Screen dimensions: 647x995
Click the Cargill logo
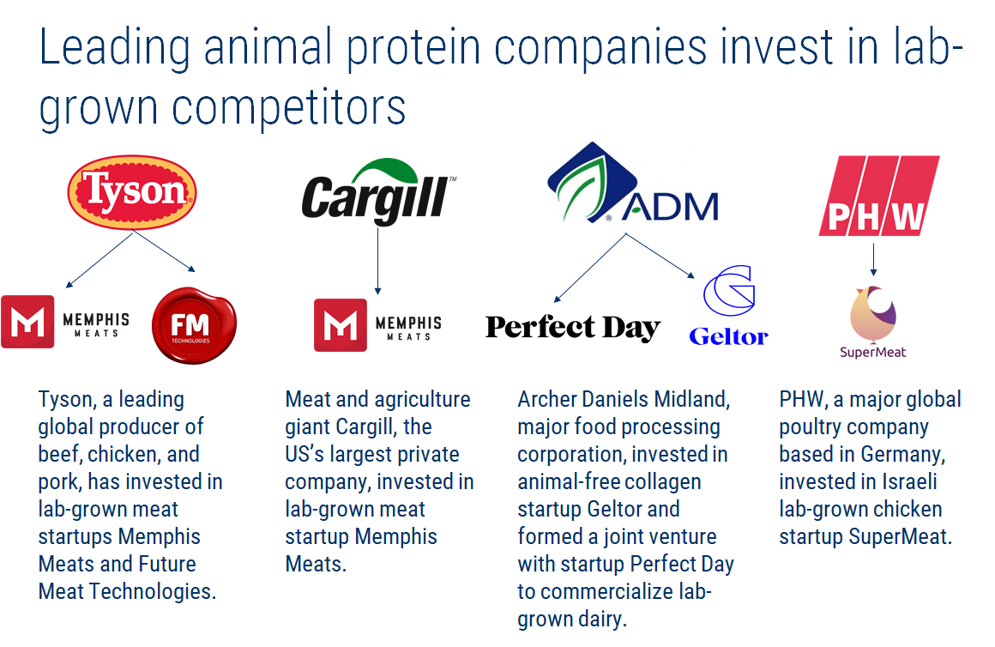[x=375, y=194]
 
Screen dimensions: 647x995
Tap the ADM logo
[x=633, y=189]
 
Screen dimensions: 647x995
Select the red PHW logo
[x=877, y=196]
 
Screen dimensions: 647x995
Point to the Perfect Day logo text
[x=572, y=328]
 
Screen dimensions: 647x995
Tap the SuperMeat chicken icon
[x=873, y=315]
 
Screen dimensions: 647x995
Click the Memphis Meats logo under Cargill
[x=377, y=325]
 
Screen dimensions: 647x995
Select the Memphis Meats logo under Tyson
[x=65, y=322]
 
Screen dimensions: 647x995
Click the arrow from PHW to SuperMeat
[x=873, y=260]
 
